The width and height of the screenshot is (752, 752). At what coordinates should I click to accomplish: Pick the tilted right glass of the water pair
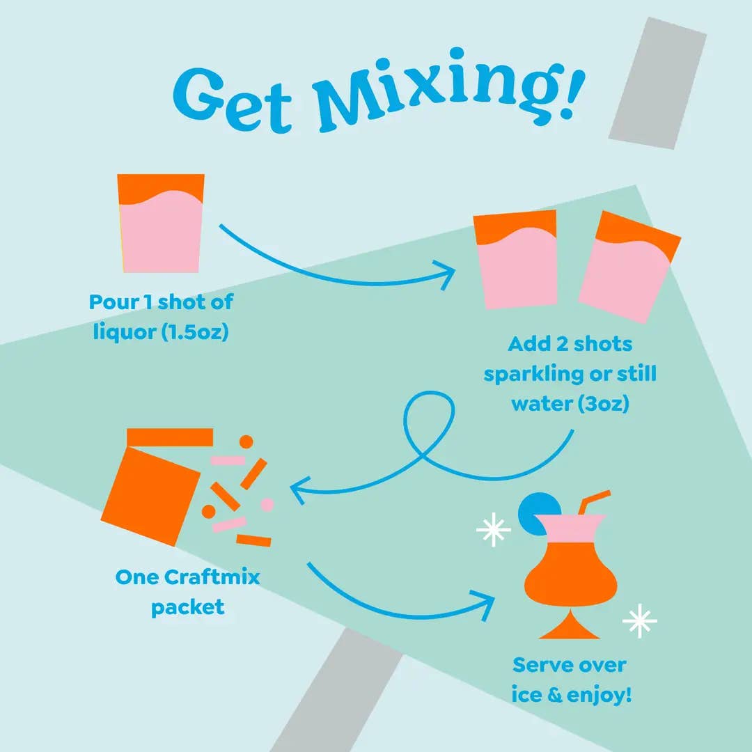click(x=627, y=268)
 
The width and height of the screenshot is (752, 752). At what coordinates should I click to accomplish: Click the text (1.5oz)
click(x=195, y=333)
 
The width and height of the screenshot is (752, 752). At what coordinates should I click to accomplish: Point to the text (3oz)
click(x=604, y=403)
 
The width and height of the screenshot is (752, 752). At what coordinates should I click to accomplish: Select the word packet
click(x=188, y=606)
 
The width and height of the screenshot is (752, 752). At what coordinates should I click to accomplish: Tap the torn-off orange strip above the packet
click(x=170, y=437)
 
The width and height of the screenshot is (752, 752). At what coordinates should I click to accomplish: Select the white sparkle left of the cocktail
click(x=494, y=531)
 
